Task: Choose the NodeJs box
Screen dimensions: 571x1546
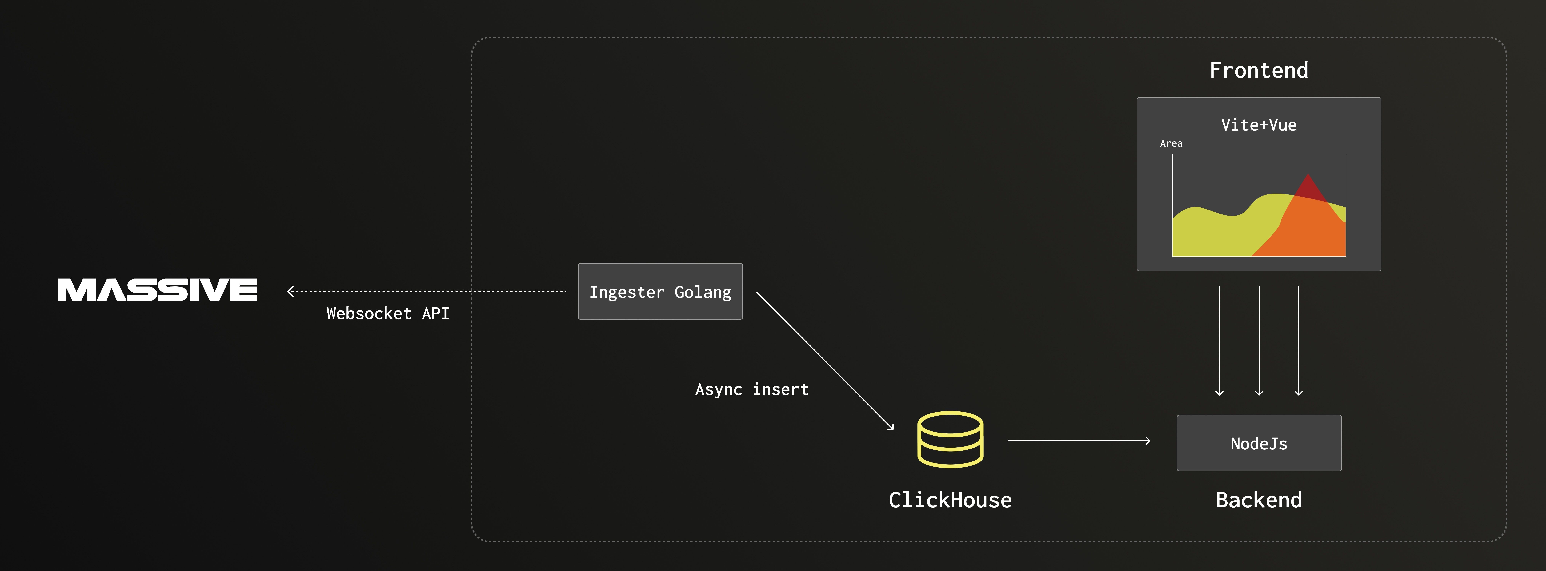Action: (x=1259, y=443)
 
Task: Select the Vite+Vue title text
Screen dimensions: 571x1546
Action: (x=1259, y=125)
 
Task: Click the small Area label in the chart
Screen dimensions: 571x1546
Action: (x=1171, y=143)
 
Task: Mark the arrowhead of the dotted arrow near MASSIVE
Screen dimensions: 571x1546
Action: (x=290, y=291)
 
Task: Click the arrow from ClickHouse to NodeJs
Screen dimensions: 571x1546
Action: (x=1079, y=441)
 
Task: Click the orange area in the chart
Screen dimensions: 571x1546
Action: (x=1308, y=231)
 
